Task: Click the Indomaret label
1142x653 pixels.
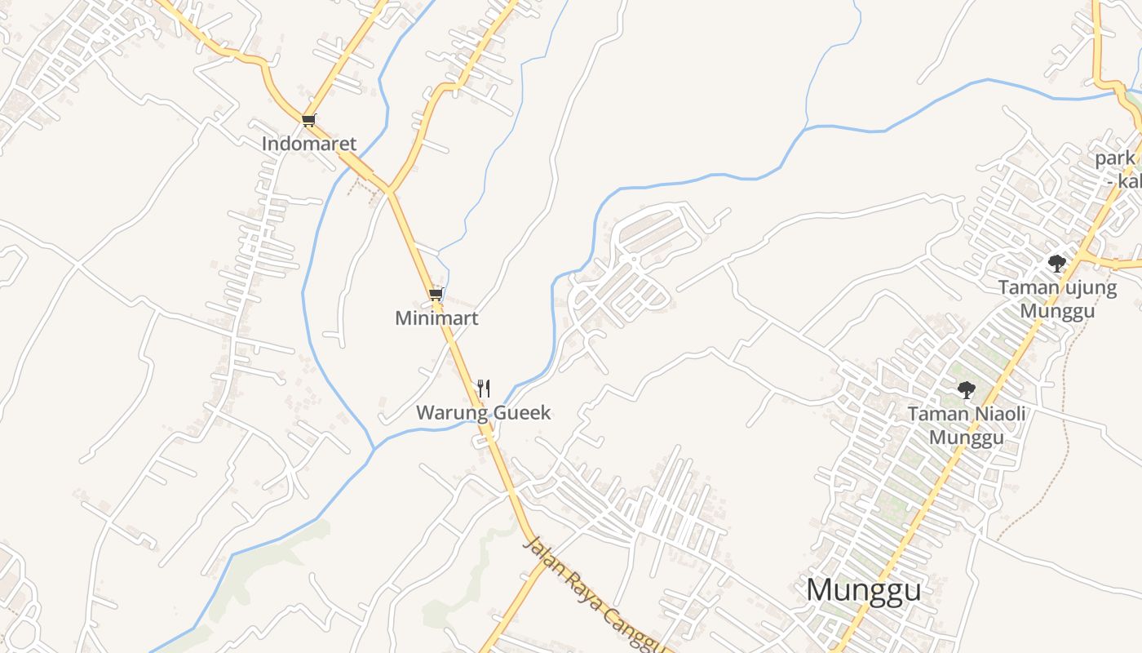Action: (308, 144)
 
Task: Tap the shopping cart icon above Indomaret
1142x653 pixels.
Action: (308, 121)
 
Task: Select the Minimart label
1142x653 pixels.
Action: (436, 318)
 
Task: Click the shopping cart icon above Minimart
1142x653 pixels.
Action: (436, 294)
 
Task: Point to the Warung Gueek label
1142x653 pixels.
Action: (483, 413)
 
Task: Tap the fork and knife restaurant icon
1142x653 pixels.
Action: (484, 388)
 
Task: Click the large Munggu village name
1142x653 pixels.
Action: (863, 590)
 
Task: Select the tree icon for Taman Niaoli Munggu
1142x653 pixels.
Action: (966, 389)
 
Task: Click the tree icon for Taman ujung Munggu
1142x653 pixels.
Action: (1056, 263)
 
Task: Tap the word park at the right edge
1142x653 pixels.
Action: (1115, 158)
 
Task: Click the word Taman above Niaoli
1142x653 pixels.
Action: (936, 415)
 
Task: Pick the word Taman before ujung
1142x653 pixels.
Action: (1027, 288)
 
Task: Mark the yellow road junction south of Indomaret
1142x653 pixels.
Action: (390, 191)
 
